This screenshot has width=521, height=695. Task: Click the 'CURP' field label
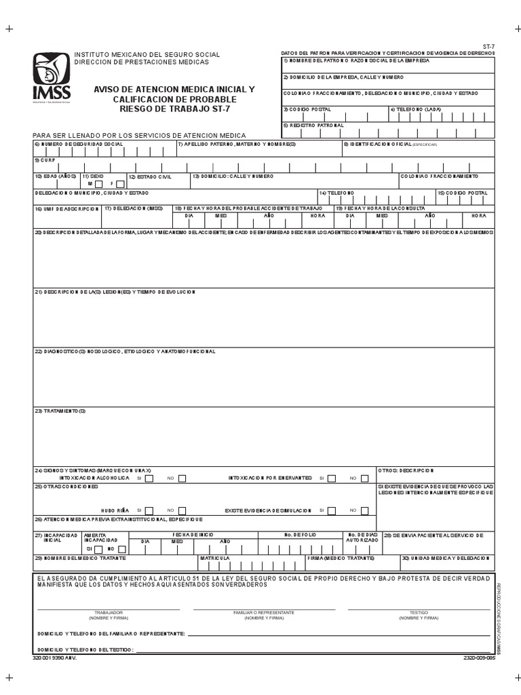coord(42,160)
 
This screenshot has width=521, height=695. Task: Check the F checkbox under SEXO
coord(120,183)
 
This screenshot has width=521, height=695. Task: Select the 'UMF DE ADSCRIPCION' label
coord(66,209)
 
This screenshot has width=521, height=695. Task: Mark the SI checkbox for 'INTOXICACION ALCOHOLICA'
coord(149,478)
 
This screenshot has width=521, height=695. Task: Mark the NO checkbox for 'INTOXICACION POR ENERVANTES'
coord(364,478)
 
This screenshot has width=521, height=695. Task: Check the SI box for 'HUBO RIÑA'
coord(149,510)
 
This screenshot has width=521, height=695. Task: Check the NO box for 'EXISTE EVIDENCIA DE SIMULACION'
coord(364,510)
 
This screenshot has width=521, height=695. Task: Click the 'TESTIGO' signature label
coord(418,612)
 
